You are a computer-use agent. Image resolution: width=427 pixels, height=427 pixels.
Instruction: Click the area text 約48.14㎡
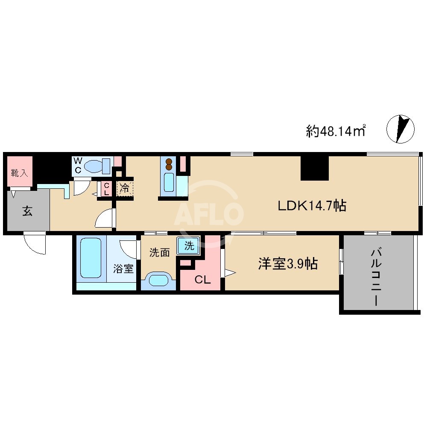tap(336, 130)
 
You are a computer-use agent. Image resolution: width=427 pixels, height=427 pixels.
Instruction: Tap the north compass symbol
tap(400, 129)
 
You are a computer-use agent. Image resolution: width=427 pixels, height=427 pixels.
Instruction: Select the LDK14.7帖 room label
tap(312, 206)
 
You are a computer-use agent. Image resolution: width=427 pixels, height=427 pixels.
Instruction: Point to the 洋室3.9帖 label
tap(287, 264)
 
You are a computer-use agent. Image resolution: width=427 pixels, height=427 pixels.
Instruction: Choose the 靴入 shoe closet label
tap(19, 173)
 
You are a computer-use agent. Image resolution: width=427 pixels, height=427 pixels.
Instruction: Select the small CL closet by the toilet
tap(106, 189)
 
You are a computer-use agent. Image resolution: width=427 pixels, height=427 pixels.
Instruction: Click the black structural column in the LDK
tap(315, 168)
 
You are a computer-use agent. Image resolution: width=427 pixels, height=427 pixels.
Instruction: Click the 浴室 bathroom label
tap(123, 269)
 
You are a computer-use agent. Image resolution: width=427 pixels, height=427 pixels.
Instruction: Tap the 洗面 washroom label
tap(159, 252)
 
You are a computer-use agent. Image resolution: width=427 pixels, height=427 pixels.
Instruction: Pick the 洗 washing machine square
tap(189, 246)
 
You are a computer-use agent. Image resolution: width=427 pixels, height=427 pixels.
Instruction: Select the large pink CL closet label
tap(202, 280)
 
